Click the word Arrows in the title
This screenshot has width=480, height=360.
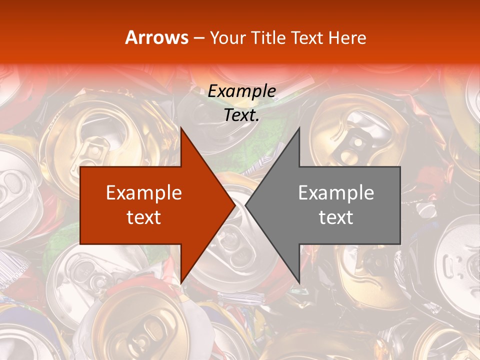coord(156,37)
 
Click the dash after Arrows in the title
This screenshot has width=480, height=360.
coord(199,38)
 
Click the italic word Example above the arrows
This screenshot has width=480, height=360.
coord(241,91)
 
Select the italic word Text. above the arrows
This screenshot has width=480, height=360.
coord(241,115)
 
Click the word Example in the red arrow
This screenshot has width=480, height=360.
coord(144,193)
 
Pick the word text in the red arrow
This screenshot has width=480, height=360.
coord(144,217)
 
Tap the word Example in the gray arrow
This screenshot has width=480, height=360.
coord(336,193)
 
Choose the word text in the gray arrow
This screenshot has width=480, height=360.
coord(336,217)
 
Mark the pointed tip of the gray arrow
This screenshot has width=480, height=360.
coord(246,205)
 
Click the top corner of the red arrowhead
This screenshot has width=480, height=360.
coord(181,128)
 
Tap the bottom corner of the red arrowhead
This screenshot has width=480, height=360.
coord(181,283)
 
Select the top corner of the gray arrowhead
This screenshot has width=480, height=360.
coord(299,128)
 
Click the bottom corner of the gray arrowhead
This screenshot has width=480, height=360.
coord(299,283)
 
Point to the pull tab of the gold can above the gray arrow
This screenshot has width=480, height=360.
coord(356,142)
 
